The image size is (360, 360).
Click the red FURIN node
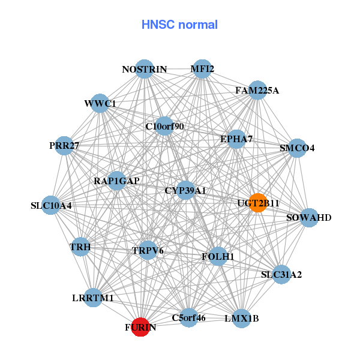point(140,327)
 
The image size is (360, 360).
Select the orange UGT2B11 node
point(258,203)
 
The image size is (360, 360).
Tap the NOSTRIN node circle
point(144,69)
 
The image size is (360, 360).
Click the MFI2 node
point(202,69)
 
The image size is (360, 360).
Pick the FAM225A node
point(257,91)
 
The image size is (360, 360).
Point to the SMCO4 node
point(297,148)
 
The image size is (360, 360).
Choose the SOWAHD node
point(308,217)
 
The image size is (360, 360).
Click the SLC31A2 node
point(281,275)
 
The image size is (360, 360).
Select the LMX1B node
point(242,318)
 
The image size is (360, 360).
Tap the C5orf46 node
point(188,318)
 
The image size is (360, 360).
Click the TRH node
point(80,247)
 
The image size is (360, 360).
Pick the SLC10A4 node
point(51,205)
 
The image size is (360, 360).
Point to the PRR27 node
point(64,146)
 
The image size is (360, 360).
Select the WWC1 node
point(100,103)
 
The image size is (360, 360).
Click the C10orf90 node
point(165,126)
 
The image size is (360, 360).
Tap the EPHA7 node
point(236,139)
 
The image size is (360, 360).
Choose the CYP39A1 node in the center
point(185,190)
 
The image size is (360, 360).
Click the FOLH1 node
point(218,256)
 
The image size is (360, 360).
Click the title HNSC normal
point(179,25)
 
